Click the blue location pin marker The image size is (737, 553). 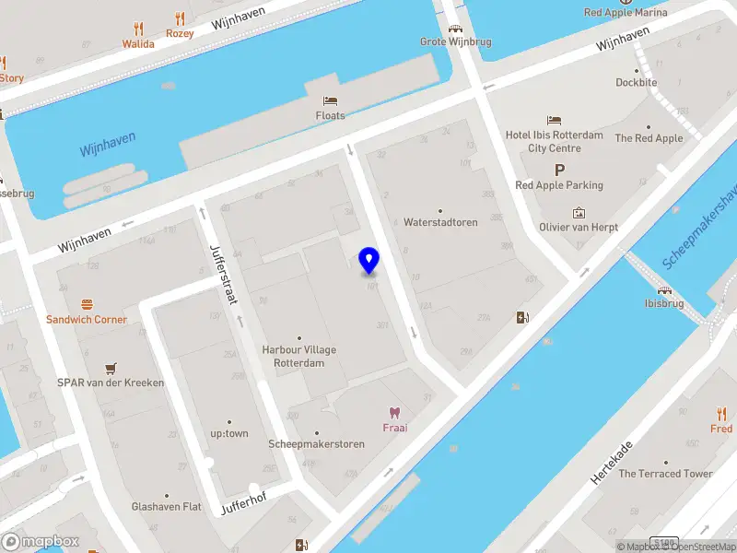tap(369, 261)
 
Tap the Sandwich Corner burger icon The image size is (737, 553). tap(88, 303)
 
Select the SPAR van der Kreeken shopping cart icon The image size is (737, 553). tap(111, 366)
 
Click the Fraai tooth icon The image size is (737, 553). tap(395, 412)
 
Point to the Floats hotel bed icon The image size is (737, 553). tap(330, 100)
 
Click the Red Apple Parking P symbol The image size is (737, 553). tap(559, 170)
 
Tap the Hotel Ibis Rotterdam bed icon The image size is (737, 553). tap(554, 120)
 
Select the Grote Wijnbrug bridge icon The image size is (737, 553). tap(454, 28)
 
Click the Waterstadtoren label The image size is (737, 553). tap(440, 222)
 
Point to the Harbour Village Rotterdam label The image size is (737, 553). tap(299, 356)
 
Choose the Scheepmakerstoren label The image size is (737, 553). tap(316, 444)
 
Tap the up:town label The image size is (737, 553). tap(229, 433)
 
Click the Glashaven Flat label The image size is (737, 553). tap(166, 506)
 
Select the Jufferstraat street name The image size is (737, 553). tap(225, 274)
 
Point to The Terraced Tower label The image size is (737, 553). tap(665, 474)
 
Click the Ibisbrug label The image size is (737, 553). tap(663, 303)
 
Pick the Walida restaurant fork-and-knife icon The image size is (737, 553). tap(138, 29)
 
